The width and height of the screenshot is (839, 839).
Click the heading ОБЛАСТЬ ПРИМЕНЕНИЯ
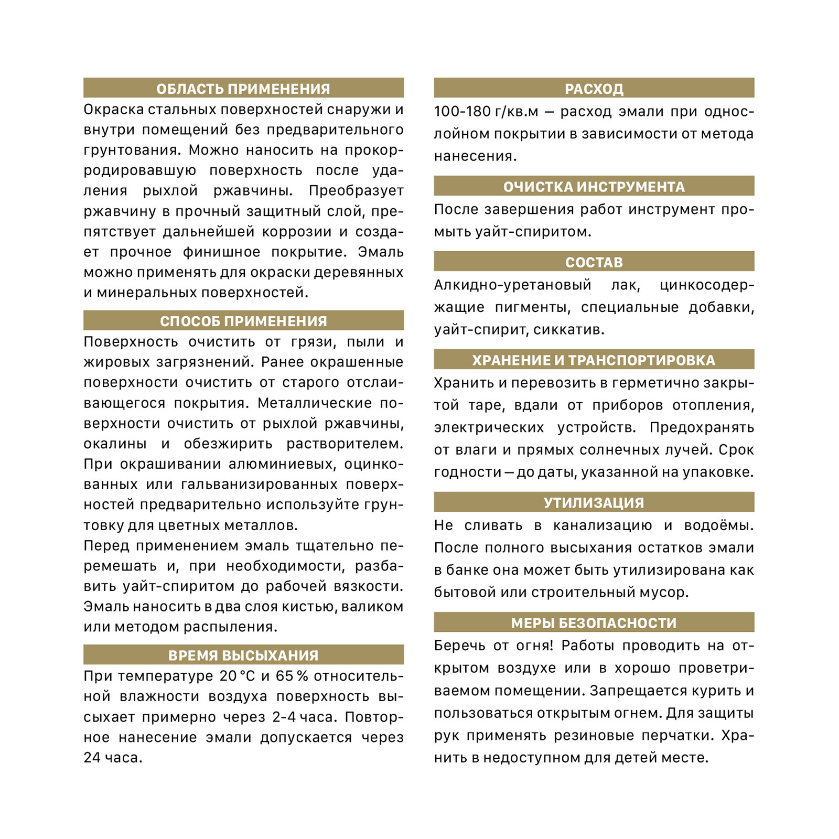tap(243, 89)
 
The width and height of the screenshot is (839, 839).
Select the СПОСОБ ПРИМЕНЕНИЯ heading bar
tap(243, 321)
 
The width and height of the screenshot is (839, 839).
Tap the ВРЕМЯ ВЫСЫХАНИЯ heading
tap(243, 655)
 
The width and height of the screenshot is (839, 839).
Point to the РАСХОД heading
tap(594, 89)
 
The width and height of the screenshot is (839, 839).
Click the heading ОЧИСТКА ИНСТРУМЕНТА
tap(594, 187)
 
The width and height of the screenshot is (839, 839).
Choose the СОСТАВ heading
tap(594, 262)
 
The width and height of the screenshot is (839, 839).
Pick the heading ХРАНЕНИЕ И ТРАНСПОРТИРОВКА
tap(594, 360)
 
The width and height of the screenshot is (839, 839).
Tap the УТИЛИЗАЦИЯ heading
tap(594, 502)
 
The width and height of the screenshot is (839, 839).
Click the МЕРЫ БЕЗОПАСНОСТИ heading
tap(594, 623)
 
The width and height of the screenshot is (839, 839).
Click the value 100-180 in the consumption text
tap(456, 112)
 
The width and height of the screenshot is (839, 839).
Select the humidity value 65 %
tap(292, 676)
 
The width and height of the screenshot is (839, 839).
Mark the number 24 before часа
tap(92, 758)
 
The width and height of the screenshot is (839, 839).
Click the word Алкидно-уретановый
tap(512, 285)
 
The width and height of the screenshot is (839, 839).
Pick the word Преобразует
tap(356, 191)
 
